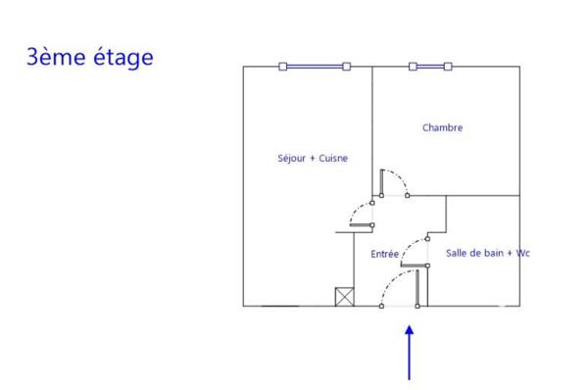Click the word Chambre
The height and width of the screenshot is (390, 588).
(442, 127)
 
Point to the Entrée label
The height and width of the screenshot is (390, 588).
(384, 254)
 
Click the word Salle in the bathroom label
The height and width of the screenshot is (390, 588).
(457, 253)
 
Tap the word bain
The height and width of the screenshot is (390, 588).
(493, 253)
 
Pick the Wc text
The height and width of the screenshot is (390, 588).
(522, 253)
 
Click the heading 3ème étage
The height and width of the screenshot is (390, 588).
(89, 57)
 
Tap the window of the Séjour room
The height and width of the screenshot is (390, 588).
(314, 67)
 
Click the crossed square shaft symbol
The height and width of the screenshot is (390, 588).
(344, 297)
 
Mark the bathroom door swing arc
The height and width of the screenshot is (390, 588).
(417, 246)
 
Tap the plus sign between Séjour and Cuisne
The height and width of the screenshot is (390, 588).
(312, 158)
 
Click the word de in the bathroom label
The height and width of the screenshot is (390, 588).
(475, 253)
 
